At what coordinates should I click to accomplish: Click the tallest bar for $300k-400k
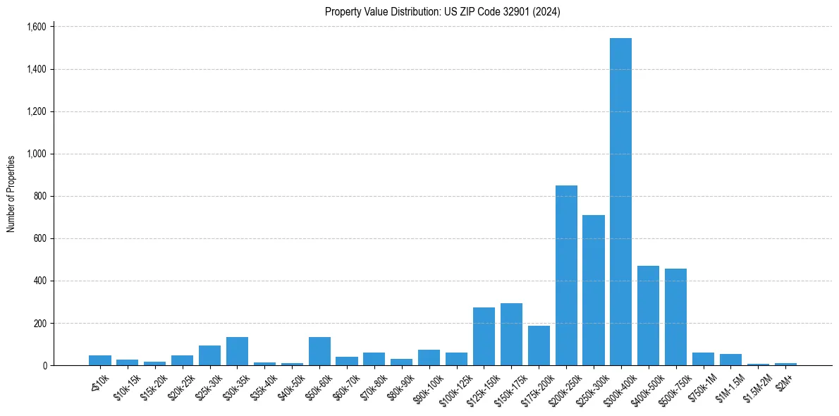620,204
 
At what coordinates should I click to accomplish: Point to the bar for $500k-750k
675,317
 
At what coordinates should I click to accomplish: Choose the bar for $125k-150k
484,337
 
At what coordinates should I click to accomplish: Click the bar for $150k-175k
511,335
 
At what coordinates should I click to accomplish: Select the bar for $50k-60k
319,352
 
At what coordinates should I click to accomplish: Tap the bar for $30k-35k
237,352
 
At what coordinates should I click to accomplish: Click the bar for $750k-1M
703,359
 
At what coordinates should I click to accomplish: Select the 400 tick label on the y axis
39,281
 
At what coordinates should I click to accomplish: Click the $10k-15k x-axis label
126,387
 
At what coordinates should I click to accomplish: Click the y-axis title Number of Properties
11,194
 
